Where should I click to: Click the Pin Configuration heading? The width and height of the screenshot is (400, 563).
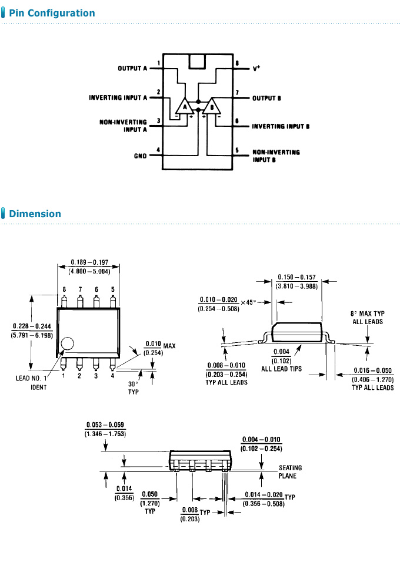[52, 13]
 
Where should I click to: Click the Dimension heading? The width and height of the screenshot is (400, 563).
[35, 214]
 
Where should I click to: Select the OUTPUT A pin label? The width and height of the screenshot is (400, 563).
[132, 69]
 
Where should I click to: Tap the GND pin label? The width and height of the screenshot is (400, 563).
[140, 156]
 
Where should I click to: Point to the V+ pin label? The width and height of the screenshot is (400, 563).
[256, 68]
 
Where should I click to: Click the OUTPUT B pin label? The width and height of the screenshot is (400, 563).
[266, 98]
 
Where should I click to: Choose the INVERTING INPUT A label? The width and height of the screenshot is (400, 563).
[118, 97]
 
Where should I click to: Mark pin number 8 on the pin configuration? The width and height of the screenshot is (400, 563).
[236, 63]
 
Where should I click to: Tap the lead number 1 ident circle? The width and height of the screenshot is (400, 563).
[68, 345]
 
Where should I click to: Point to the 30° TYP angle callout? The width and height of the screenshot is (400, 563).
[134, 388]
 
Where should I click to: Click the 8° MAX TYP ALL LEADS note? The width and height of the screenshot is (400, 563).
[366, 318]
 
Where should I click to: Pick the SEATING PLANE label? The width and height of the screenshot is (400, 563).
[290, 472]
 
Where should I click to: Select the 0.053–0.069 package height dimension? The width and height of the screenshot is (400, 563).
[105, 429]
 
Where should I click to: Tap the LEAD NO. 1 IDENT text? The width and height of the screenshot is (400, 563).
[38, 383]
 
